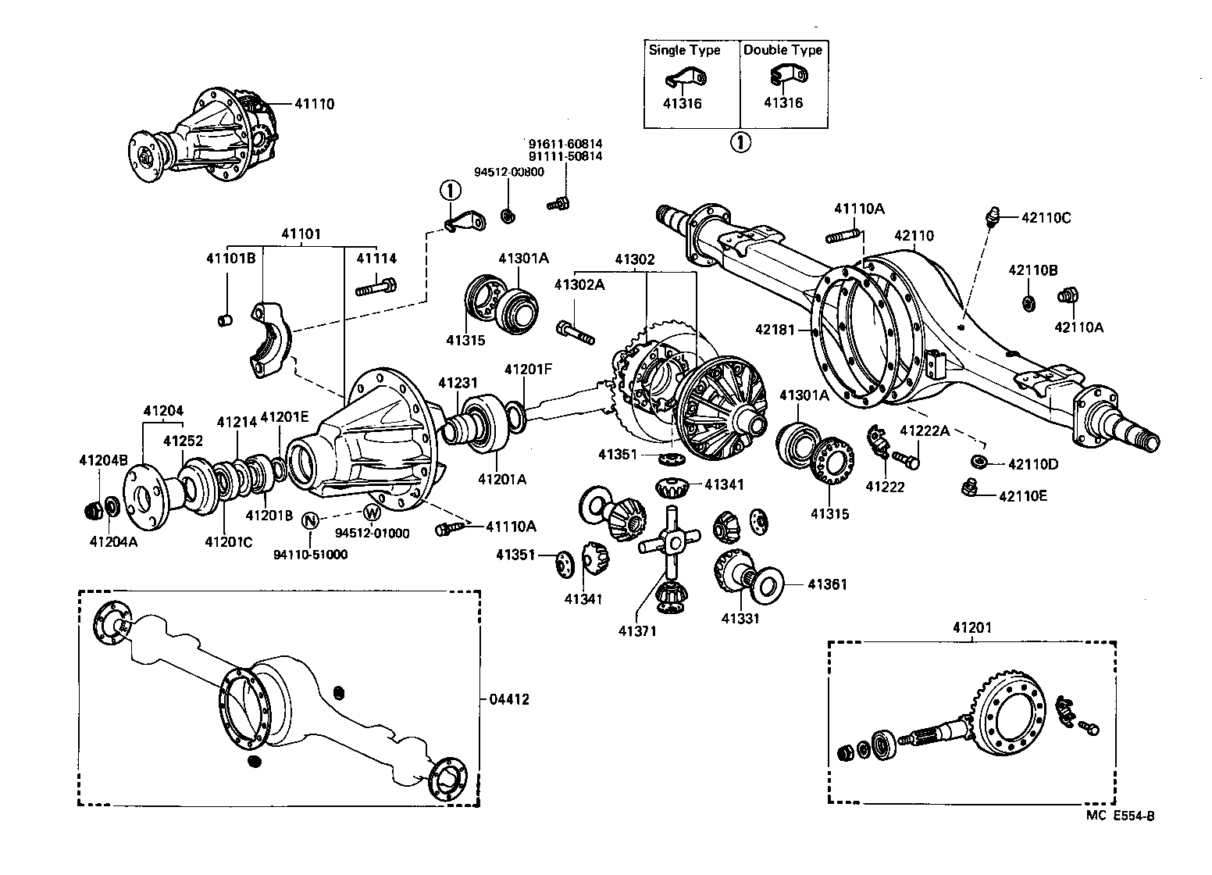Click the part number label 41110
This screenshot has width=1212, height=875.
[314, 103]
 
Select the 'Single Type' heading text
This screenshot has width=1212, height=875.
[684, 50]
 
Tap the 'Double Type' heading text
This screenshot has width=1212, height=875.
[782, 50]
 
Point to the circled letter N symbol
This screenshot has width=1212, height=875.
[310, 520]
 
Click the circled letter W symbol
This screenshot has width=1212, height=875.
[372, 512]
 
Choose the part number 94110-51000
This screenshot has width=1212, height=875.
[310, 554]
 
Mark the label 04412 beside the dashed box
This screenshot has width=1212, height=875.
[509, 699]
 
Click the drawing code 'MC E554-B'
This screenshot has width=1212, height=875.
[1120, 816]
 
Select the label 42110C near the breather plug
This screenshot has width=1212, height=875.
[1046, 218]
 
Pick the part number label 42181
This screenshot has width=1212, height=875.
[774, 330]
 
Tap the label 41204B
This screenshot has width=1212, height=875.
[102, 459]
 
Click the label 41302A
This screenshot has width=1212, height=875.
[579, 285]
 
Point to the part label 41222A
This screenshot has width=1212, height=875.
[925, 430]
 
